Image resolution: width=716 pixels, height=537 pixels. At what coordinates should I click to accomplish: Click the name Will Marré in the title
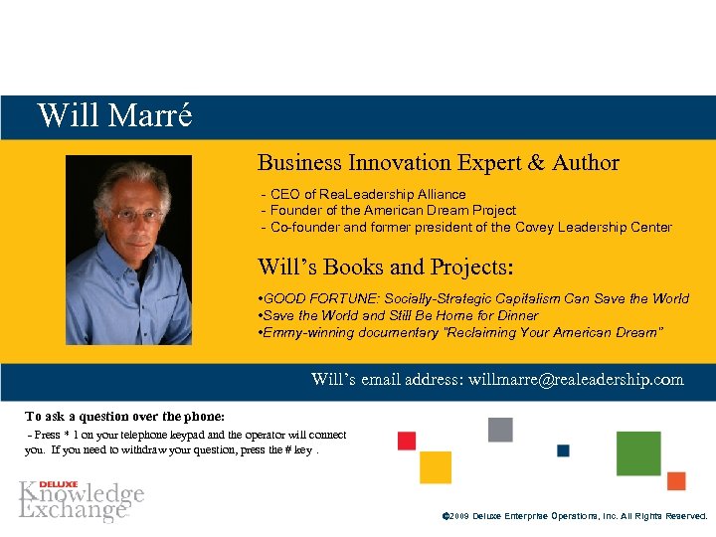114,116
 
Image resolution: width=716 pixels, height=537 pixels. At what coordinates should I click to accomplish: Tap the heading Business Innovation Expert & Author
438,163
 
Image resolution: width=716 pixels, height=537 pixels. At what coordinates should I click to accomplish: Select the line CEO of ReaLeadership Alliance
363,194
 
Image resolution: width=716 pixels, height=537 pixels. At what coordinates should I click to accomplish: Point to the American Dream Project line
388,210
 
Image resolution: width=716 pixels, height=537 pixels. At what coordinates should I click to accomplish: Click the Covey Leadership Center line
465,227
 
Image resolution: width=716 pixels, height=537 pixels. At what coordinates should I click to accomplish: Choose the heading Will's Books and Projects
385,267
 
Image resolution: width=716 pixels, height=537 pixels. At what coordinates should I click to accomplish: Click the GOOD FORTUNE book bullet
472,298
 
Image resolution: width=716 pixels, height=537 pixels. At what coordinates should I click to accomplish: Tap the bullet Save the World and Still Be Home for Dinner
398,315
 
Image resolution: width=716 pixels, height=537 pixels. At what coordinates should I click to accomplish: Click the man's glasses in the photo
128,213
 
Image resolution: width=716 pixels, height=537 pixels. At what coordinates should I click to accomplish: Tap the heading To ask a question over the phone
125,416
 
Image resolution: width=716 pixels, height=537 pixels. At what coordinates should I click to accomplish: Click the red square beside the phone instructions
407,441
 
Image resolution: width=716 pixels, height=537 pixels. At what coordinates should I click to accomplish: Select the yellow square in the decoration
436,467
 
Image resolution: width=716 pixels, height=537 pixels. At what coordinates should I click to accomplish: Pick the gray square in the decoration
500,430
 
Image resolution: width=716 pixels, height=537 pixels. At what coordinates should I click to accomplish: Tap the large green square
638,453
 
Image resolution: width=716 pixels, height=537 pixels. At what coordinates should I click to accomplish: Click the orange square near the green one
676,481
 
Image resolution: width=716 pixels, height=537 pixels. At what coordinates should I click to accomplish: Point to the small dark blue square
563,450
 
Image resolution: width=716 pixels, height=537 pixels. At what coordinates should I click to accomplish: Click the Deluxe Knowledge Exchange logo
82,500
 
